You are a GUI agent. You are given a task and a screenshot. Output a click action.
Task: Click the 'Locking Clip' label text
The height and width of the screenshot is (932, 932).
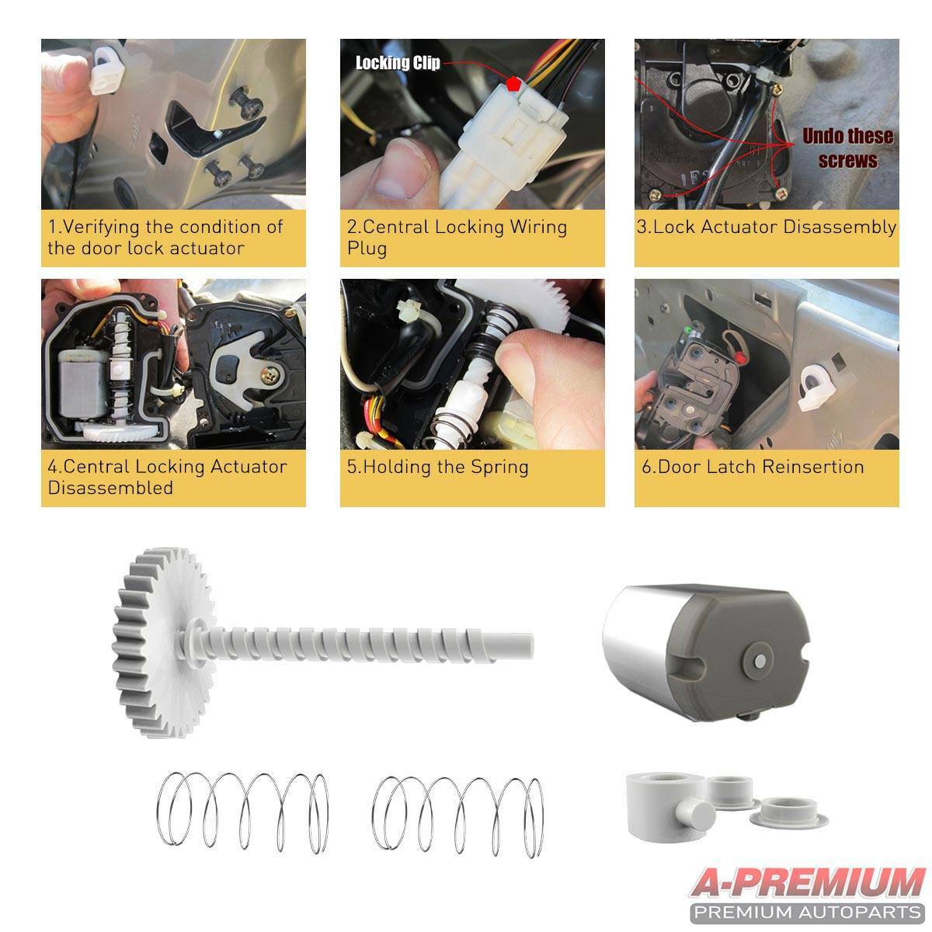click(x=398, y=63)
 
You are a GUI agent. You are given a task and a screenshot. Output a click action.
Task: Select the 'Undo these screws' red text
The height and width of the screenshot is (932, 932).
click(x=847, y=148)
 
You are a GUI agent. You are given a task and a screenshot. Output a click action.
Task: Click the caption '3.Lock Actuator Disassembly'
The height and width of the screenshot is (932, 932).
click(x=766, y=228)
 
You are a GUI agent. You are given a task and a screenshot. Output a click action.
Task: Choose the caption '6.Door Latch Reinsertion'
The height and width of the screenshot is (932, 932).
click(x=749, y=468)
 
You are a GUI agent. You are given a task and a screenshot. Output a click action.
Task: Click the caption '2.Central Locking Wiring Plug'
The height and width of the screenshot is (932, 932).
click(x=457, y=238)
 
